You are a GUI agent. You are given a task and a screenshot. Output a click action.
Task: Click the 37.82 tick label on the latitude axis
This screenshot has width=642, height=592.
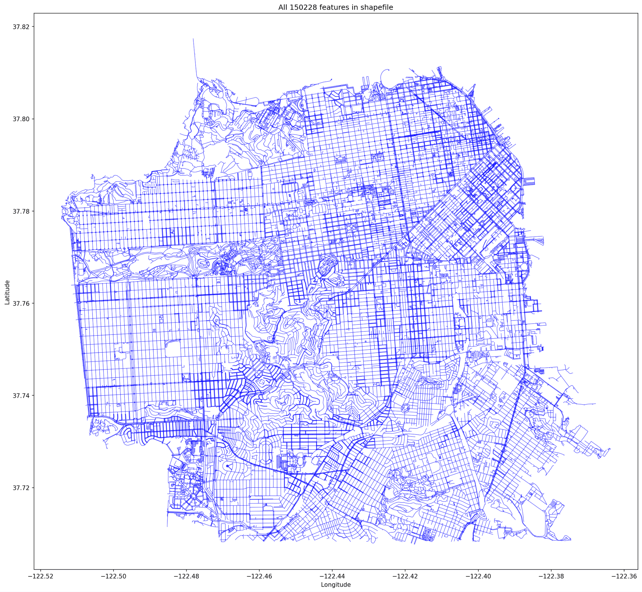(x=21, y=27)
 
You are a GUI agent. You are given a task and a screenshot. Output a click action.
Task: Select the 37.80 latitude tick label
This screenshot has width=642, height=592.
(x=21, y=119)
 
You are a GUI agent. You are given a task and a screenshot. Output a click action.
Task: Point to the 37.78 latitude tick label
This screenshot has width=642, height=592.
(x=21, y=211)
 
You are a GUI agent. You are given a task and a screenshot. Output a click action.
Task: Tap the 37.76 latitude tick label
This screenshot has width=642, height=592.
(x=21, y=304)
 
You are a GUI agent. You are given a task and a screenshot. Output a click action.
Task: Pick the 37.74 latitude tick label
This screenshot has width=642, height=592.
(x=21, y=396)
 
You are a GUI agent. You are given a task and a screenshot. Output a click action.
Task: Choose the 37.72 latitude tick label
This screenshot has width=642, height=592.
(x=21, y=488)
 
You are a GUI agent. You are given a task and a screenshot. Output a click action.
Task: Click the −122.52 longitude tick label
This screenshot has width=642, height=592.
(x=40, y=576)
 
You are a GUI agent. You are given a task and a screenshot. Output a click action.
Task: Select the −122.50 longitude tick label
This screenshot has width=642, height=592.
(x=113, y=576)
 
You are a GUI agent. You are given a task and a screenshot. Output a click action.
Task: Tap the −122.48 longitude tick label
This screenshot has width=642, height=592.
(x=186, y=576)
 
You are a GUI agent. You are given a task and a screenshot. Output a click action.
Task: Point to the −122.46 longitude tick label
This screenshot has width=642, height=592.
(x=259, y=576)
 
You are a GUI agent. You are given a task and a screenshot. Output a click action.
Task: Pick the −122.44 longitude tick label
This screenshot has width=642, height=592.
(x=332, y=576)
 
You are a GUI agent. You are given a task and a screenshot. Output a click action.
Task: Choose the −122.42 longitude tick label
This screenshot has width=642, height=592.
(x=405, y=576)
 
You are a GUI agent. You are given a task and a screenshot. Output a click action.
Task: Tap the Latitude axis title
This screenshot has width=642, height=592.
(x=7, y=292)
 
